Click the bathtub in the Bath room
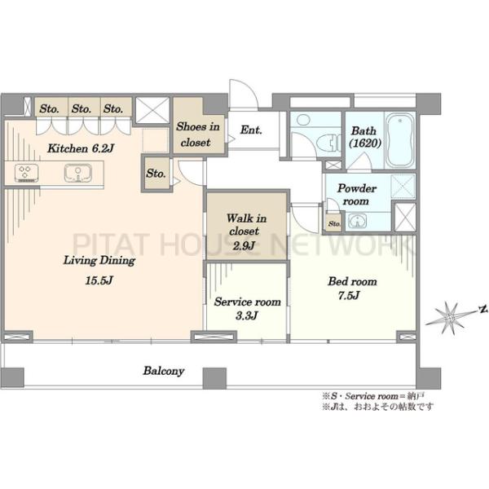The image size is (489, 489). tap(400, 140)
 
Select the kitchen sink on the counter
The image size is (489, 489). tap(78, 173)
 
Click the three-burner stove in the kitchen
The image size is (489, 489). tap(27, 173)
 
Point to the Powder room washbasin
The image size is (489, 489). tap(357, 221)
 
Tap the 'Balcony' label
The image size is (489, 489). tap(164, 371)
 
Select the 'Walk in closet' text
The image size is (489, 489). tap(246, 224)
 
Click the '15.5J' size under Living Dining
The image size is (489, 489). tap(99, 280)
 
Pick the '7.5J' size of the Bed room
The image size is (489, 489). tap(349, 295)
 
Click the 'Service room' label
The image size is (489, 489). tap(247, 302)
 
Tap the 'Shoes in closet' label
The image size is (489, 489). tap(197, 134)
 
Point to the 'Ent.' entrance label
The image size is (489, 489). tap(251, 130)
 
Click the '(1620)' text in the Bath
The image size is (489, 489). tap(365, 143)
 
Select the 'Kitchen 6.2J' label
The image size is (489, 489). tap(81, 148)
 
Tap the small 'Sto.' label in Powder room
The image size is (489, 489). tap(334, 223)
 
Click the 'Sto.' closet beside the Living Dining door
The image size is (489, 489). tap(156, 174)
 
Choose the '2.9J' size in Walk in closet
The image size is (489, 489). tap(244, 245)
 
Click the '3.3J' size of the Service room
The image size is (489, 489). tap(246, 315)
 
